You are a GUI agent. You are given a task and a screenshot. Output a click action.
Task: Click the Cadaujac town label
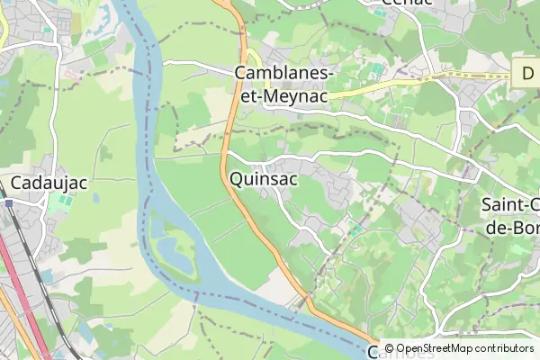(x=49, y=183)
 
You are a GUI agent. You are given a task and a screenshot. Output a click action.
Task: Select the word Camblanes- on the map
(x=283, y=73)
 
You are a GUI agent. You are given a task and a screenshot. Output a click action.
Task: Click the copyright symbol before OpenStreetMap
(x=389, y=348)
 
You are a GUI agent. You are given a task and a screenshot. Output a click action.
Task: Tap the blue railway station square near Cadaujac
(x=7, y=203)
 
